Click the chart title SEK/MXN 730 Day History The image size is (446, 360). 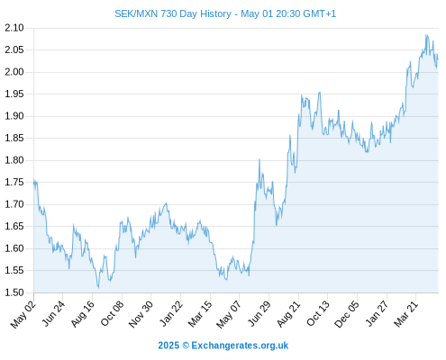(x=173, y=13)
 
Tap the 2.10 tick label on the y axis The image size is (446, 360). (x=14, y=28)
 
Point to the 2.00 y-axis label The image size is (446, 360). (x=14, y=72)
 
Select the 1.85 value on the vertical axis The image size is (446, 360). (x=14, y=139)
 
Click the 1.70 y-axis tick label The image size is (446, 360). (x=14, y=204)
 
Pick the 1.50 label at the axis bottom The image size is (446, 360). (x=14, y=292)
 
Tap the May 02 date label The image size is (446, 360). (x=23, y=314)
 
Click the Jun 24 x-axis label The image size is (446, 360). (x=52, y=314)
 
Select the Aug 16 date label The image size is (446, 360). (x=82, y=314)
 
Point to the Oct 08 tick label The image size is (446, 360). (x=112, y=314)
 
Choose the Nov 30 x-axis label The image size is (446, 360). (x=141, y=314)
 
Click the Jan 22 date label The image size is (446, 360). (x=171, y=313)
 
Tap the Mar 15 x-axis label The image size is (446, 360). (x=200, y=314)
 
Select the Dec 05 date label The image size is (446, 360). (x=347, y=314)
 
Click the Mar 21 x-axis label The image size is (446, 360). (x=406, y=314)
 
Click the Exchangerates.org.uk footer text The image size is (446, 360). (x=240, y=346)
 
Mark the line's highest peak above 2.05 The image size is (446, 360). (x=426, y=35)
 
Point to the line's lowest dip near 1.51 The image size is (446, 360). (x=98, y=288)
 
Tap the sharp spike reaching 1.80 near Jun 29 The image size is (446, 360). (x=259, y=159)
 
